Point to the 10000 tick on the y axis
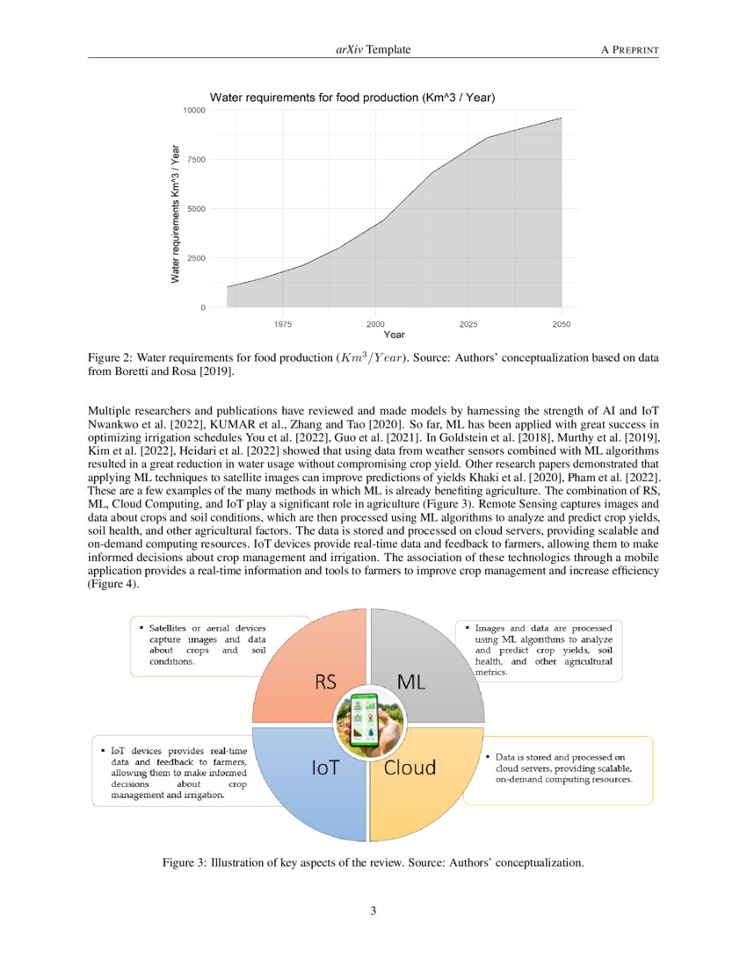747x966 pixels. click(x=193, y=110)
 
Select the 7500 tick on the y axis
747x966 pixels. click(x=195, y=160)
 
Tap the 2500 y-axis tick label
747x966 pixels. click(x=195, y=258)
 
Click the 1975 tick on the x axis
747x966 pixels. click(x=282, y=324)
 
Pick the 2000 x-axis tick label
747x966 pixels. click(x=375, y=324)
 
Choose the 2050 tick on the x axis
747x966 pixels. click(x=561, y=324)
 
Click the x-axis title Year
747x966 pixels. click(x=394, y=335)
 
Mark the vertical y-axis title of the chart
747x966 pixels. click(x=175, y=209)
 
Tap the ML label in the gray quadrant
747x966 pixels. click(x=411, y=681)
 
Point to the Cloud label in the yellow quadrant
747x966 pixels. click(x=410, y=767)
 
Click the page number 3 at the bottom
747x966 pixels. click(x=373, y=911)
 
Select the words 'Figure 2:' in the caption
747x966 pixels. click(x=110, y=359)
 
